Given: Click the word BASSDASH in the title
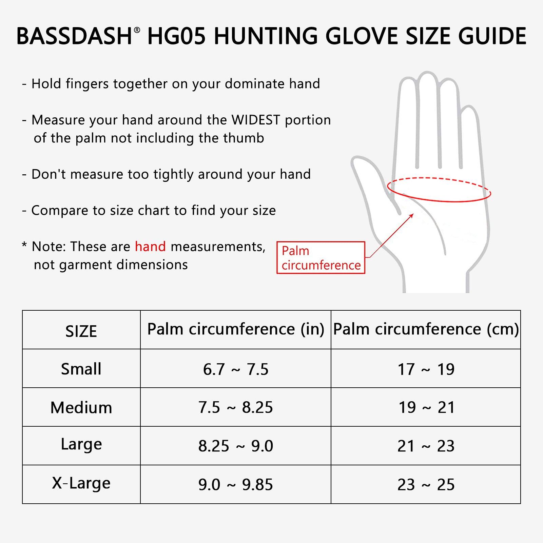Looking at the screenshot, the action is point(74,36).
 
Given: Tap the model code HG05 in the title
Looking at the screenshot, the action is point(177,36).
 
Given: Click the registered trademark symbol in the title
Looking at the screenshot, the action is point(137,30).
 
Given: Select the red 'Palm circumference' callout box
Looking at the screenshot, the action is point(321,258).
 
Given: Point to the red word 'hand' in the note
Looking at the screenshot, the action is point(150,247).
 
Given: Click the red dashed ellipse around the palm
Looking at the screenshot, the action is point(439,201).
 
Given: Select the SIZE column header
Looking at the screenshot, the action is point(81,331).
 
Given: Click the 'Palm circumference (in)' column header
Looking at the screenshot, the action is point(236,329).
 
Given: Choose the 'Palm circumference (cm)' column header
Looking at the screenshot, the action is point(426,329).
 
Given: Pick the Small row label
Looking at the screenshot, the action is point(81,369).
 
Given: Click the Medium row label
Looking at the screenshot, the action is point(81,407).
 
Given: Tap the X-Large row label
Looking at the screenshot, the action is point(81,483).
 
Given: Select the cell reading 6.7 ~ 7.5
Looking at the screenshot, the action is point(236,369).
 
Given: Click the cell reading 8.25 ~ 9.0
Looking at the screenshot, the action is point(236,446).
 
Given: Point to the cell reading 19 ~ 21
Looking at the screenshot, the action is point(426,407).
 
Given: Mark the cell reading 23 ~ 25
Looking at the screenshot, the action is point(426,484).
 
